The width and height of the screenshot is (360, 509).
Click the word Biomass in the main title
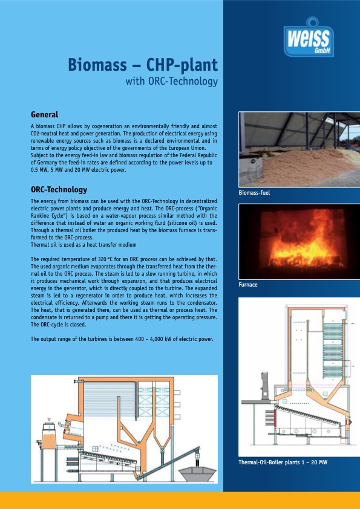[96, 65]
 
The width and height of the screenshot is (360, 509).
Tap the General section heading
[44, 114]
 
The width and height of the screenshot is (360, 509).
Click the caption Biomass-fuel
[255, 193]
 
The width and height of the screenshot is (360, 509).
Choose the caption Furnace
[249, 284]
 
